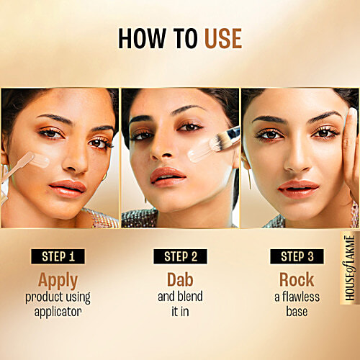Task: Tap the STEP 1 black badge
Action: click(63, 256)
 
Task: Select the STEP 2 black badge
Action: click(179, 256)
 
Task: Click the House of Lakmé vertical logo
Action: click(350, 268)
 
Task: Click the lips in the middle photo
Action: click(168, 174)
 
